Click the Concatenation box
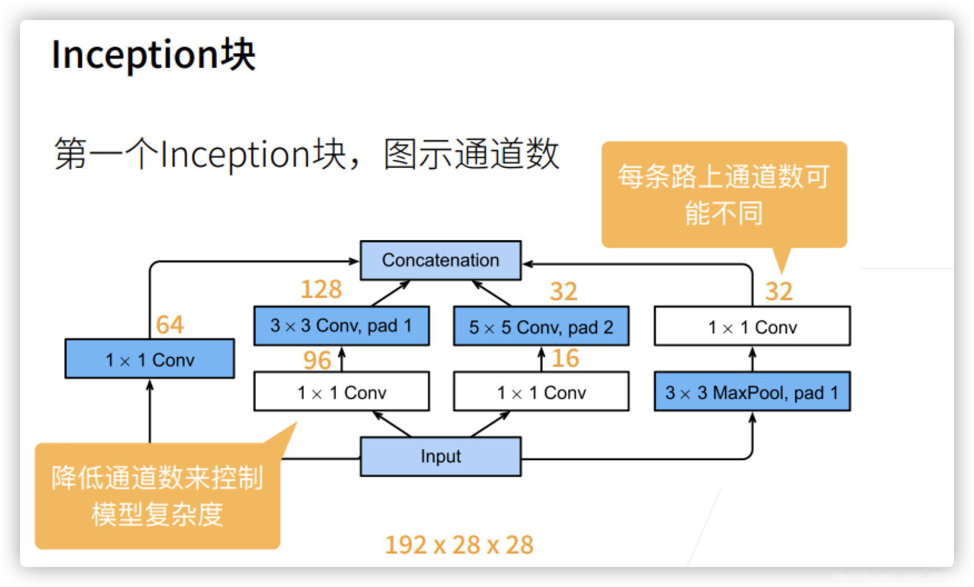440,260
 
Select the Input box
440,456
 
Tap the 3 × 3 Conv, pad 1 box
341,326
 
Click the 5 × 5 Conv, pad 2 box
541,326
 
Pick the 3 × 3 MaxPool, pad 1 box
752,392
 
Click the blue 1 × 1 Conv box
150,359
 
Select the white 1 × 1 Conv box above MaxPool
752,326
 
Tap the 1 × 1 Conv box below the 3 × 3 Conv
341,392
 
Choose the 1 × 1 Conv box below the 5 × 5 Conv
541,392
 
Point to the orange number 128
321,290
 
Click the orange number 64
170,325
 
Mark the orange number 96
317,360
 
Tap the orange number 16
565,358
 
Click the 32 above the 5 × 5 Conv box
563,291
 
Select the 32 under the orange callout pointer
778,291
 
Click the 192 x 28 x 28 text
459,545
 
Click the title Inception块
153,54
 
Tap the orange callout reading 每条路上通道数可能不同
724,194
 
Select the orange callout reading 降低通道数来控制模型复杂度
157,496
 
